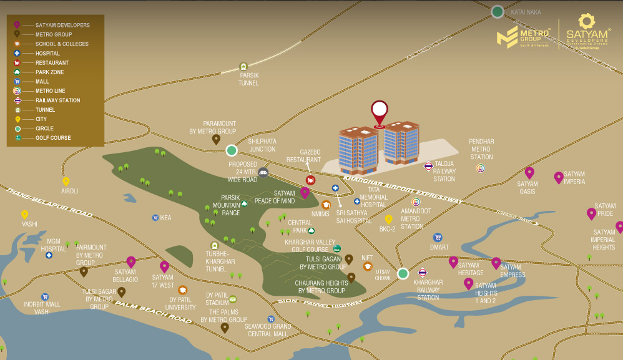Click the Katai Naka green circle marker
pyautogui.click(x=497, y=12)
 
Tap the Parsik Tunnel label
pyautogui.click(x=248, y=79)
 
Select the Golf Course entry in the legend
pyautogui.click(x=52, y=138)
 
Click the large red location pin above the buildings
pyautogui.click(x=379, y=113)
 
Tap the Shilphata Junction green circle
pyautogui.click(x=232, y=150)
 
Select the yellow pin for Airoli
pyautogui.click(x=66, y=182)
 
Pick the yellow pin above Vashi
pyautogui.click(x=25, y=215)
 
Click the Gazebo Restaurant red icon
pyautogui.click(x=310, y=180)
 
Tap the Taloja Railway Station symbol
pyautogui.click(x=428, y=166)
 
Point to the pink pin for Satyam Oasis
pyautogui.click(x=529, y=173)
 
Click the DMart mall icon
pyautogui.click(x=438, y=237)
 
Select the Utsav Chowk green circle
pyautogui.click(x=403, y=273)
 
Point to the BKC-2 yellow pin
pyautogui.click(x=388, y=219)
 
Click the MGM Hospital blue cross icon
pyautogui.click(x=49, y=255)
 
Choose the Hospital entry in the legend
pyautogui.click(x=47, y=54)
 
